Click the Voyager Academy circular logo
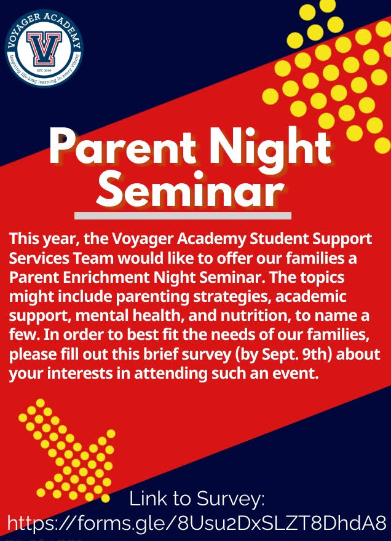[x=44, y=47]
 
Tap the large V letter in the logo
[x=44, y=49]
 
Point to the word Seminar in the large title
[x=191, y=189]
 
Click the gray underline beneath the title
[x=183, y=216]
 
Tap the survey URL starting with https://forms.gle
[x=197, y=524]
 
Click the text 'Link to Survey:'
[x=197, y=499]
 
